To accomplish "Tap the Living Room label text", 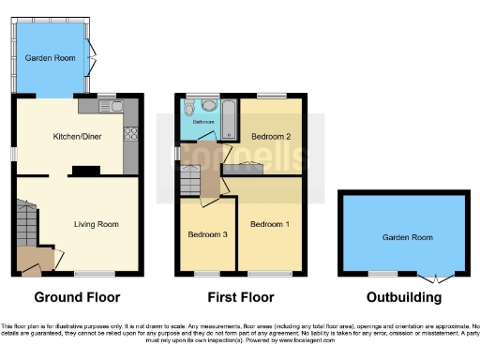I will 97,224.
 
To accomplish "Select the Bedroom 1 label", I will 269,224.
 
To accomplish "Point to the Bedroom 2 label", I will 270,137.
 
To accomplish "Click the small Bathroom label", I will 203,122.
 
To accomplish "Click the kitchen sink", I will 115,107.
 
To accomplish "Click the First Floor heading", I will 241,298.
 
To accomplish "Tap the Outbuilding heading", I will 405,298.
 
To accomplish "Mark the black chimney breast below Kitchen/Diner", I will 85,170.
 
